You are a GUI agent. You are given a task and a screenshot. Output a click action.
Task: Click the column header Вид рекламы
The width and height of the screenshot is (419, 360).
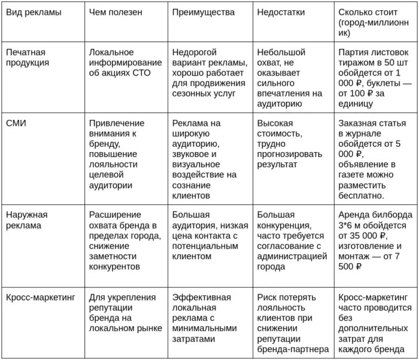pyautogui.click(x=34, y=12)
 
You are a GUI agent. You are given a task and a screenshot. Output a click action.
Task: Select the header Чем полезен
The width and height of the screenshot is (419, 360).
pyautogui.click(x=115, y=12)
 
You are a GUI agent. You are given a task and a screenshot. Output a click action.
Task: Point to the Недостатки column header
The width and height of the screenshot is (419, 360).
pyautogui.click(x=281, y=12)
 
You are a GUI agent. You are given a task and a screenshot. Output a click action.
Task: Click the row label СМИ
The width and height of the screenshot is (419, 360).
pyautogui.click(x=16, y=123)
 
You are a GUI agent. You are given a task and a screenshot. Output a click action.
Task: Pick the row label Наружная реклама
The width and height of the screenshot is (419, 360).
pyautogui.click(x=27, y=220)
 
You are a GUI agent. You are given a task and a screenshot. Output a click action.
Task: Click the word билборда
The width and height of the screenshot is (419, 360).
pyautogui.click(x=391, y=214)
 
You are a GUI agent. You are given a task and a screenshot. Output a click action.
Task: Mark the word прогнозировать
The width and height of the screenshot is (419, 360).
pyautogui.click(x=290, y=154)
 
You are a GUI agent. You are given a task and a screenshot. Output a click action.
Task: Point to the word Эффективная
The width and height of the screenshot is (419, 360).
pyautogui.click(x=201, y=297)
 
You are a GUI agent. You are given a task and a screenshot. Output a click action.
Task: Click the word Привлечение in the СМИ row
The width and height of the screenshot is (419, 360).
pyautogui.click(x=116, y=123)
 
